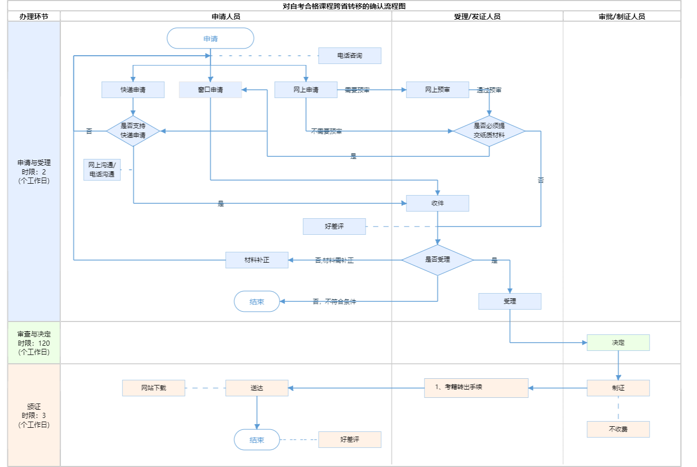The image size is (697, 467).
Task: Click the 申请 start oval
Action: click(x=210, y=39)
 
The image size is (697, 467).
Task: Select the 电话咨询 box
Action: click(x=350, y=56)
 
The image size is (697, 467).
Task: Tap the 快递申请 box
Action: click(x=133, y=90)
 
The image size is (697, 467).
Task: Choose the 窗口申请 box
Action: click(x=210, y=90)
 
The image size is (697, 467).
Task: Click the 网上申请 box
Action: click(x=306, y=90)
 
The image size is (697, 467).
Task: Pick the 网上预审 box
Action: click(x=437, y=90)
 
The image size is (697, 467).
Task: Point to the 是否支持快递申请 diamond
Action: click(x=133, y=131)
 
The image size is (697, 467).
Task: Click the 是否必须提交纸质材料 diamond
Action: click(x=489, y=131)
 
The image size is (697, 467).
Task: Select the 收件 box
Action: click(x=437, y=203)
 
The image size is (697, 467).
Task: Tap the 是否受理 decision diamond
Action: click(x=437, y=260)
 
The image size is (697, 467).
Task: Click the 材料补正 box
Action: click(x=257, y=260)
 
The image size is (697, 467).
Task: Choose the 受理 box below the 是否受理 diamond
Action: click(x=510, y=301)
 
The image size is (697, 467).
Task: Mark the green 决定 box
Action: click(x=618, y=343)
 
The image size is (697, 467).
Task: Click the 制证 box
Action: click(x=618, y=388)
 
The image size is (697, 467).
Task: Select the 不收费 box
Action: click(x=618, y=429)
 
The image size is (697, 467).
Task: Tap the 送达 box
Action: click(x=257, y=388)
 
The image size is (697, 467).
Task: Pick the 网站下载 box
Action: click(x=153, y=388)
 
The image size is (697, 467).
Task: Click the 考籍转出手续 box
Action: click(x=476, y=388)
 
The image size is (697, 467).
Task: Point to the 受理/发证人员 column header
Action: click(x=477, y=17)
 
